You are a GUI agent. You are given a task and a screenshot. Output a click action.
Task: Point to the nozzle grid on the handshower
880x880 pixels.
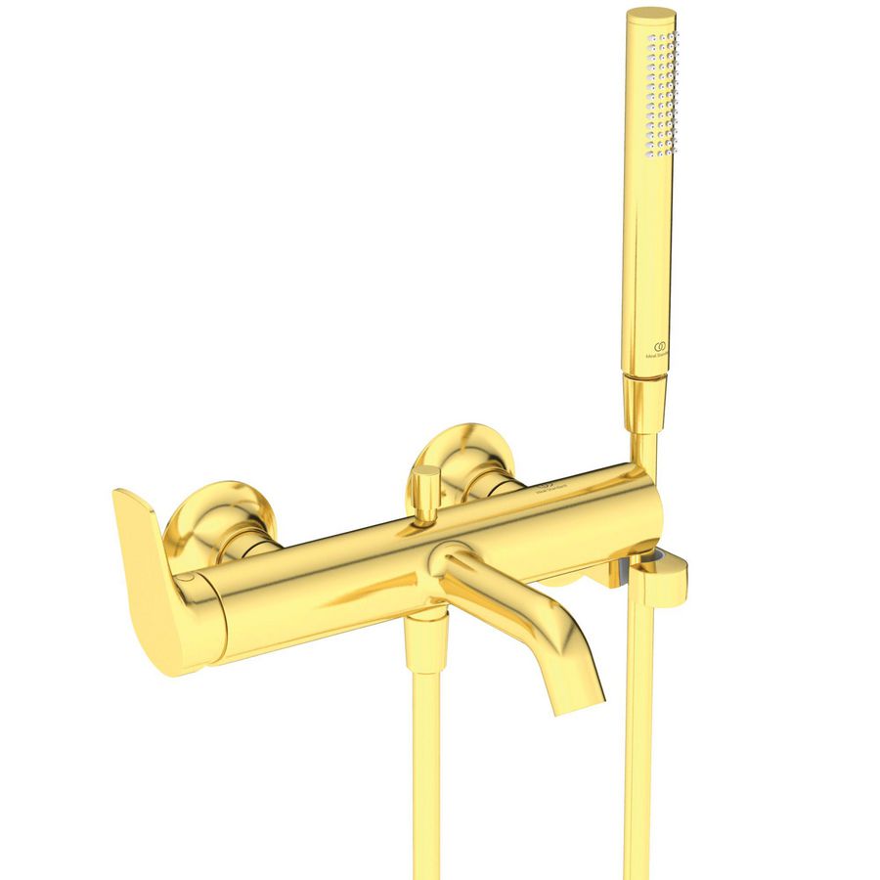(x=660, y=93)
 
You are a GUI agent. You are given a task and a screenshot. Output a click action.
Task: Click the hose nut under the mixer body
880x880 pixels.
(x=426, y=640)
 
